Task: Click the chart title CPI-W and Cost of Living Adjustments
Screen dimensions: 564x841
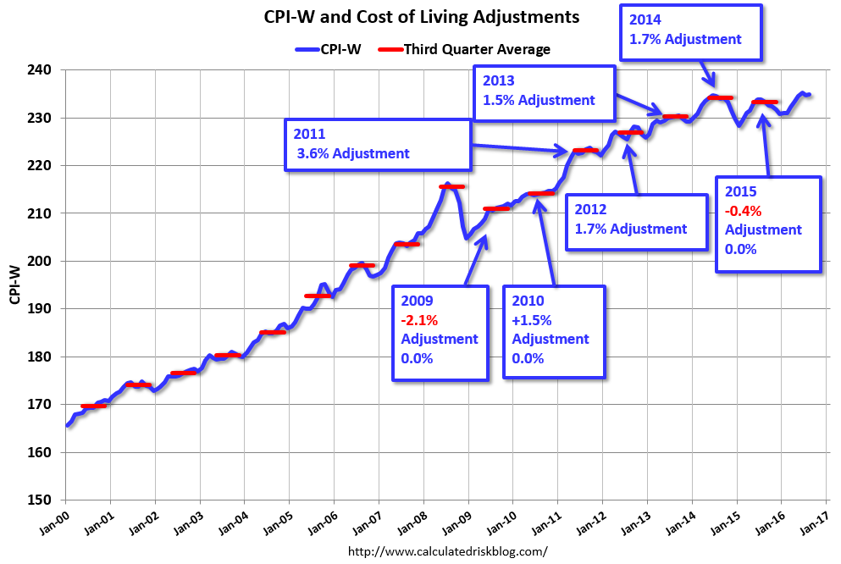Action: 422,17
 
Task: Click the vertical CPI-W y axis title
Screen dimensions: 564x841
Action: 15,285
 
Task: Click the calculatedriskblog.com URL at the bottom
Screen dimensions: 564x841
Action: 448,550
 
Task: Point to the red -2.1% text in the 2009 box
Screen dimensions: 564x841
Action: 419,320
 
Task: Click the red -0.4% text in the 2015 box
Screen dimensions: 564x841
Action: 743,211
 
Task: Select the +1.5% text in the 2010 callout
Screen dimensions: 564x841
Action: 532,320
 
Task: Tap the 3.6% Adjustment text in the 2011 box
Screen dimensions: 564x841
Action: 353,153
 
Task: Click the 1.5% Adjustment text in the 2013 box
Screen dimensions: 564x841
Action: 539,100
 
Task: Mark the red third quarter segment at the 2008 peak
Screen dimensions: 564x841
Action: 451,186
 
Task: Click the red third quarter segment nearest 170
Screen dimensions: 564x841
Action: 94,406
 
